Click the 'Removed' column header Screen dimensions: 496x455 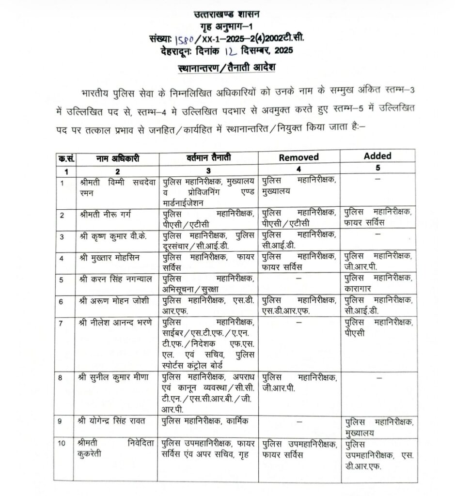[x=298, y=157]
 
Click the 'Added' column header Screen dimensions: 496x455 [x=377, y=156]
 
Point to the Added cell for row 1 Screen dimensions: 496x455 [x=377, y=180]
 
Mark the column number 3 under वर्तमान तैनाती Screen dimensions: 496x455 [x=208, y=170]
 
